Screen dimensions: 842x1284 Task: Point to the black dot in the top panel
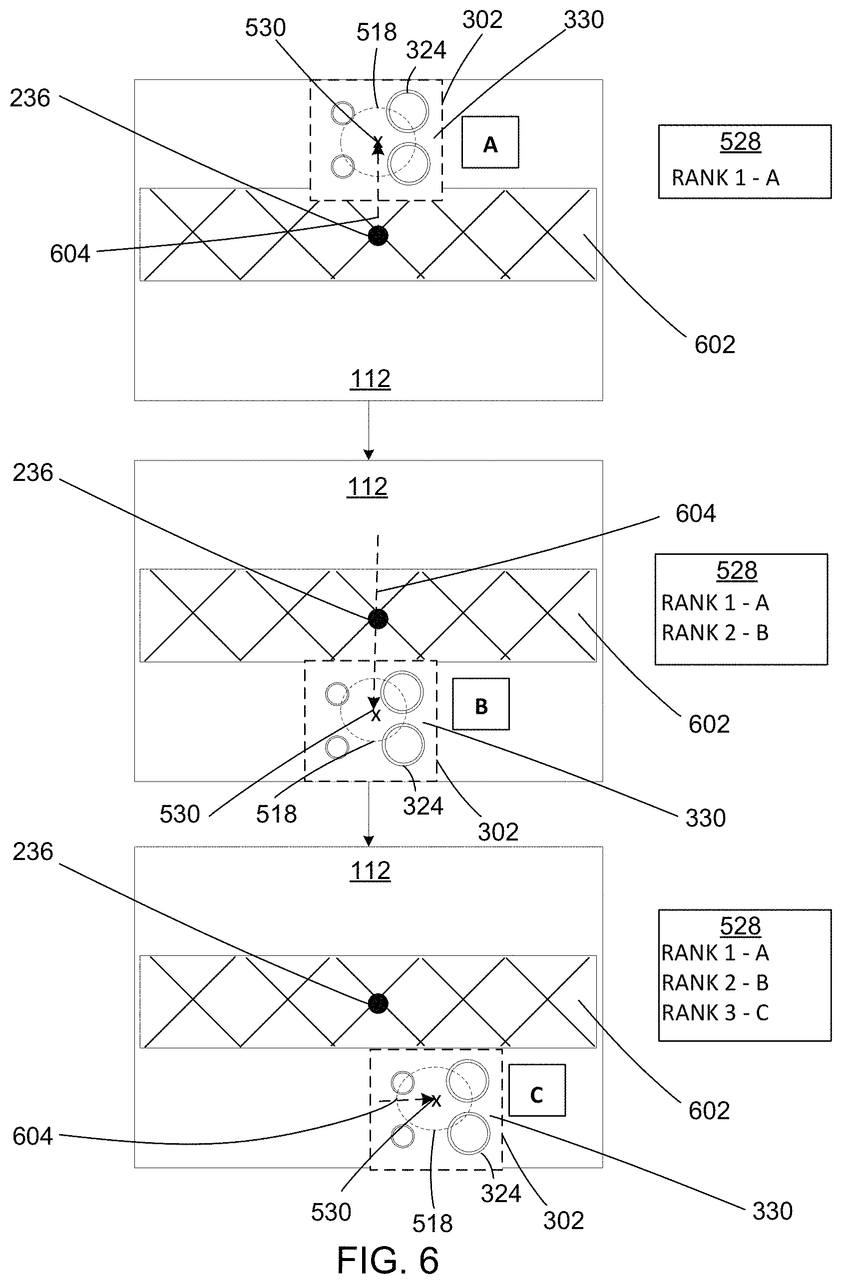point(378,235)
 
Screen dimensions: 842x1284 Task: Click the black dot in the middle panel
point(378,618)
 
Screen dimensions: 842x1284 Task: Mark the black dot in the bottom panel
point(378,1003)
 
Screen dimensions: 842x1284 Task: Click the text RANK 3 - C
point(715,1013)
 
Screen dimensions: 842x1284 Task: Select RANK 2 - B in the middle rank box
point(715,632)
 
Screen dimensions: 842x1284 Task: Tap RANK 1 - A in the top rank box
point(726,177)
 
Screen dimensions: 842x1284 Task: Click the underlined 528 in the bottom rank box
point(740,925)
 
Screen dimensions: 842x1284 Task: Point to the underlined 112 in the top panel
point(371,379)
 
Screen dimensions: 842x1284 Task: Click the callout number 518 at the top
point(377,32)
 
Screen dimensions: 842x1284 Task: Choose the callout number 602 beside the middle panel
point(709,724)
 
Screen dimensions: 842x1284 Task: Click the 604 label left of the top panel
point(70,254)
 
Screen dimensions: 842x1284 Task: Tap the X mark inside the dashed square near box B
point(376,716)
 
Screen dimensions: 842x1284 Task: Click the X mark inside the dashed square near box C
point(436,1101)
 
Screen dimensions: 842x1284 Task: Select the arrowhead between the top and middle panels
point(369,453)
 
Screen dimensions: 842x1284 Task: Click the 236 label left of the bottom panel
point(33,852)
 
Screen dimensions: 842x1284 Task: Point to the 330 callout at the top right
point(584,20)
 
